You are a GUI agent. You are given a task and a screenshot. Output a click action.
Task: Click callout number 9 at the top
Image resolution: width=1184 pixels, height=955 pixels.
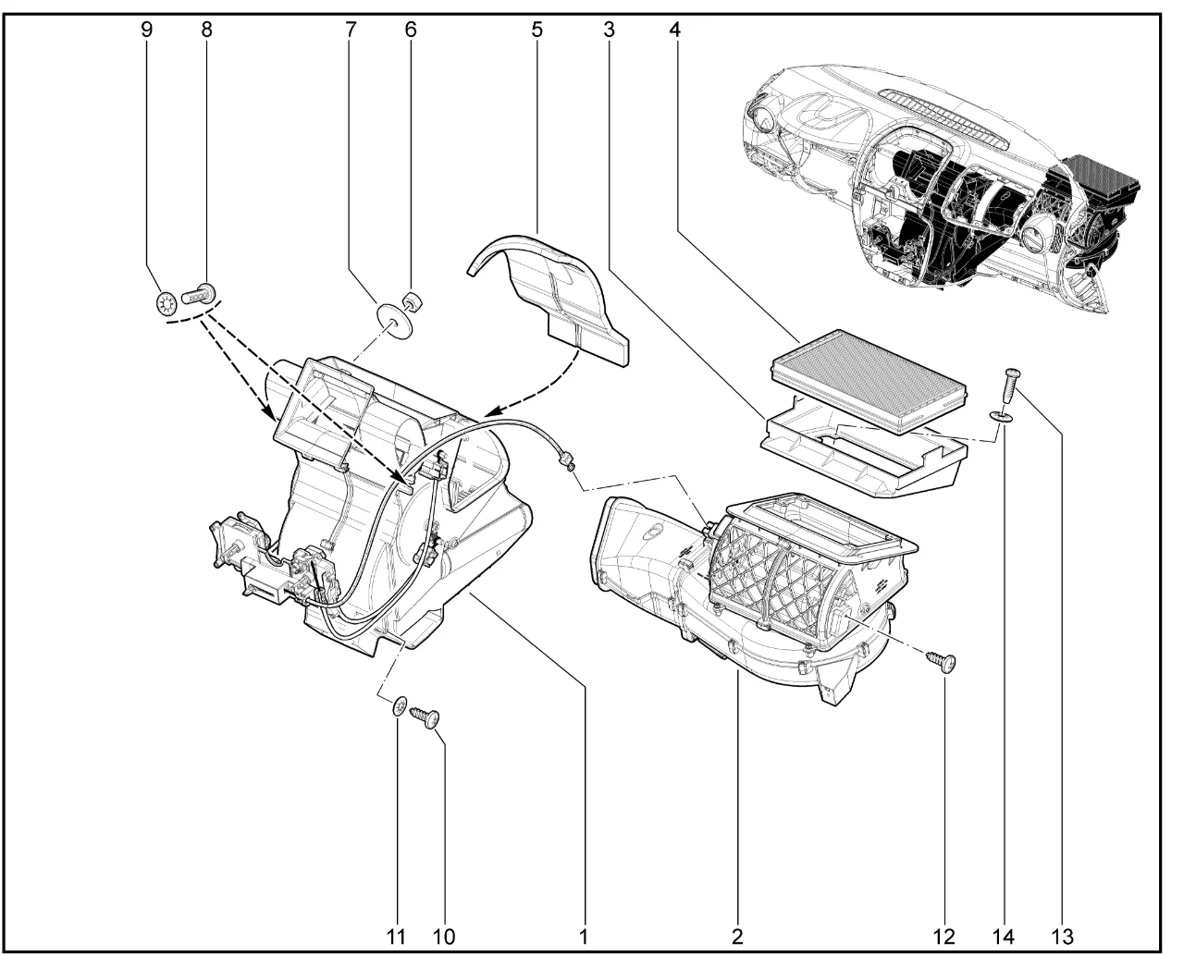coord(147,29)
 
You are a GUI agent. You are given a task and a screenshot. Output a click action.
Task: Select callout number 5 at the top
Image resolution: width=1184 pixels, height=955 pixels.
coord(536,29)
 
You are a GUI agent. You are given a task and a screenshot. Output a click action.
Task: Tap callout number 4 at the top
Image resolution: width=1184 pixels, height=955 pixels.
coord(675,29)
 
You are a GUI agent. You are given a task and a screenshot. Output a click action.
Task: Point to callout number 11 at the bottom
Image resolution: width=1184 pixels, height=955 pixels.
coord(396,936)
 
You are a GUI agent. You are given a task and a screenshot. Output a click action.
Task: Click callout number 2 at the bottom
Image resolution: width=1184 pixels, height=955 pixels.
coord(737,936)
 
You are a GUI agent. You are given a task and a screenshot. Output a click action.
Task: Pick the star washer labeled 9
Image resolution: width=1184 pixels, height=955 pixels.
coord(167,302)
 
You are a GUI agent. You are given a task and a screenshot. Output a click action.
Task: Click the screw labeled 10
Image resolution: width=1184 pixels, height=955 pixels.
coord(425,716)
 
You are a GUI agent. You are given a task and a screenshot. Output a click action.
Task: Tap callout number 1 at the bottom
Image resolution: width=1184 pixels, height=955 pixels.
coord(584,936)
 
